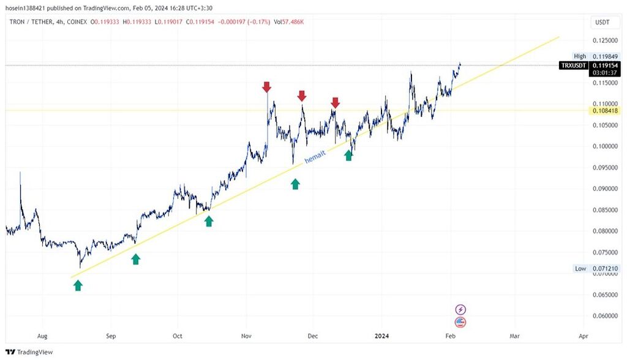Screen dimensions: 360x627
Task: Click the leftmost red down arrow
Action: [266, 87]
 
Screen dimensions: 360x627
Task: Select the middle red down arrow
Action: [301, 96]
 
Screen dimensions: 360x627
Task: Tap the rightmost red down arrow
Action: [335, 102]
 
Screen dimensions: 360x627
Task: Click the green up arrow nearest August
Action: [78, 285]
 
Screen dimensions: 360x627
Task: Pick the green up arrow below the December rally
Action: [348, 156]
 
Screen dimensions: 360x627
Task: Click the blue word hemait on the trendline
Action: [315, 157]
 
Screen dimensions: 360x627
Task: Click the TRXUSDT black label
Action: [573, 65]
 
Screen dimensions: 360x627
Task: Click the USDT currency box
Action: [602, 22]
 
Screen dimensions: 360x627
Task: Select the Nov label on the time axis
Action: [246, 336]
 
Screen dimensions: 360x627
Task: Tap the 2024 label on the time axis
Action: [381, 336]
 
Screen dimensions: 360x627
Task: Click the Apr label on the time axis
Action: [583, 336]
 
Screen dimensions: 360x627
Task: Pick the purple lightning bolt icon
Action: [461, 310]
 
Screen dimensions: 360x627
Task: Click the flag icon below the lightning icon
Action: [461, 322]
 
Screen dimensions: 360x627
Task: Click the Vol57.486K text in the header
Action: [288, 21]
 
